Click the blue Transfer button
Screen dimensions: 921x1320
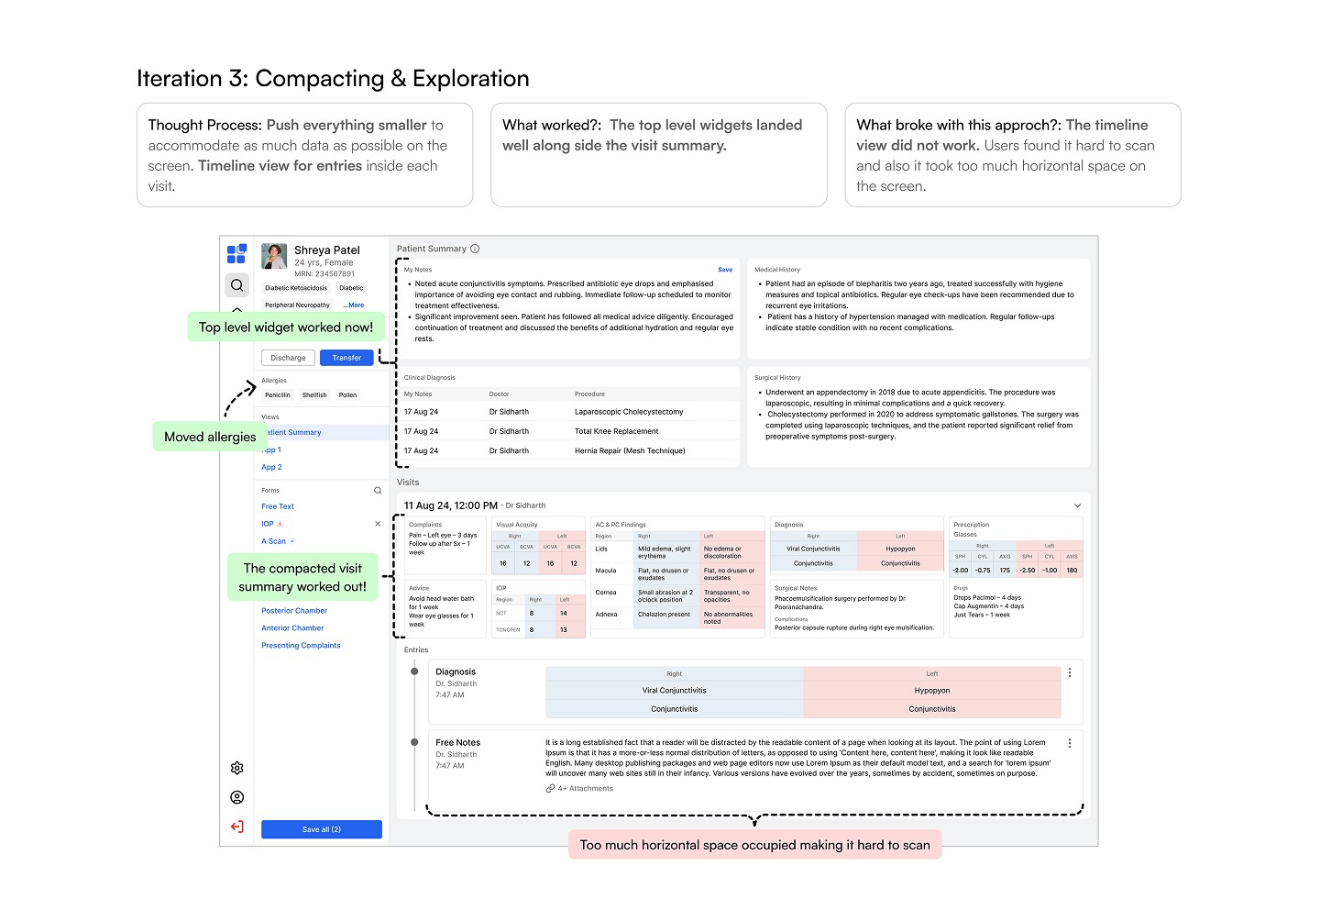(x=346, y=358)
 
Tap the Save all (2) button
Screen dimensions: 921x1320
(x=321, y=829)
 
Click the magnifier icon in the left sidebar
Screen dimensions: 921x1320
(x=237, y=285)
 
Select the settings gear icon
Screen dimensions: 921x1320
(x=237, y=768)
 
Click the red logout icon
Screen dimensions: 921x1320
(x=237, y=827)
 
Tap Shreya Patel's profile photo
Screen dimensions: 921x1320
(x=274, y=257)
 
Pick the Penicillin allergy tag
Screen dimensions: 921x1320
(x=278, y=395)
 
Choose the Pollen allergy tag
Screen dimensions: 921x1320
(x=347, y=395)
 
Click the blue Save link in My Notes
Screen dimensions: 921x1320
(x=725, y=270)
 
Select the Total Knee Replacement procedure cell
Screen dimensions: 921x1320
(x=616, y=431)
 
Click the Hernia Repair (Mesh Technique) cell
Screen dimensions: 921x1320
(x=630, y=450)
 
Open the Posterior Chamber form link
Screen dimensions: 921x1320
(x=294, y=611)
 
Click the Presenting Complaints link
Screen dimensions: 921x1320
(x=301, y=646)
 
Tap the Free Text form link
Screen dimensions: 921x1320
(x=278, y=506)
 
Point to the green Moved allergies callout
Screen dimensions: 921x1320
(x=210, y=437)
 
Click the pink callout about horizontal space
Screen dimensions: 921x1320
(x=754, y=845)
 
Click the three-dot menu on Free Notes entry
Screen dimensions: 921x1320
(x=1070, y=743)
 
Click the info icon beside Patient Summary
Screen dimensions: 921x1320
(x=475, y=249)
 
